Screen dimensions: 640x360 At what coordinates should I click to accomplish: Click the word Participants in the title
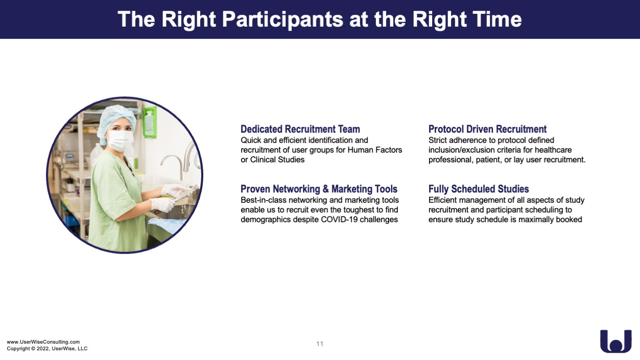[283, 19]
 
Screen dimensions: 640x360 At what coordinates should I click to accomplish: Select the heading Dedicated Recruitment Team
[300, 129]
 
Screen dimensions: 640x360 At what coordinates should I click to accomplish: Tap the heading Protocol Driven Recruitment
[487, 129]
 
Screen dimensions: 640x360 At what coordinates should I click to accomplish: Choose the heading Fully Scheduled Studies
[479, 189]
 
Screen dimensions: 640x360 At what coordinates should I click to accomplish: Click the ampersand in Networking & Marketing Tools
[326, 189]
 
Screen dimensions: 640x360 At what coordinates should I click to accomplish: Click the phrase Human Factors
[375, 150]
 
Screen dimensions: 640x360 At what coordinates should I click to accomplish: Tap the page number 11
[319, 344]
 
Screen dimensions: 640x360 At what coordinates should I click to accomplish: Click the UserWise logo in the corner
[616, 341]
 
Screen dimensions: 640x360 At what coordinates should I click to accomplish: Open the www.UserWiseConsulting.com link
[44, 342]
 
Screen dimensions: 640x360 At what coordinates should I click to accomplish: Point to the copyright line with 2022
[47, 349]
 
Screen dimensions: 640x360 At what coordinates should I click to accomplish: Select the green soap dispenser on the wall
[150, 122]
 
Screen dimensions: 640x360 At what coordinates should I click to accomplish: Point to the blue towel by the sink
[166, 225]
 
